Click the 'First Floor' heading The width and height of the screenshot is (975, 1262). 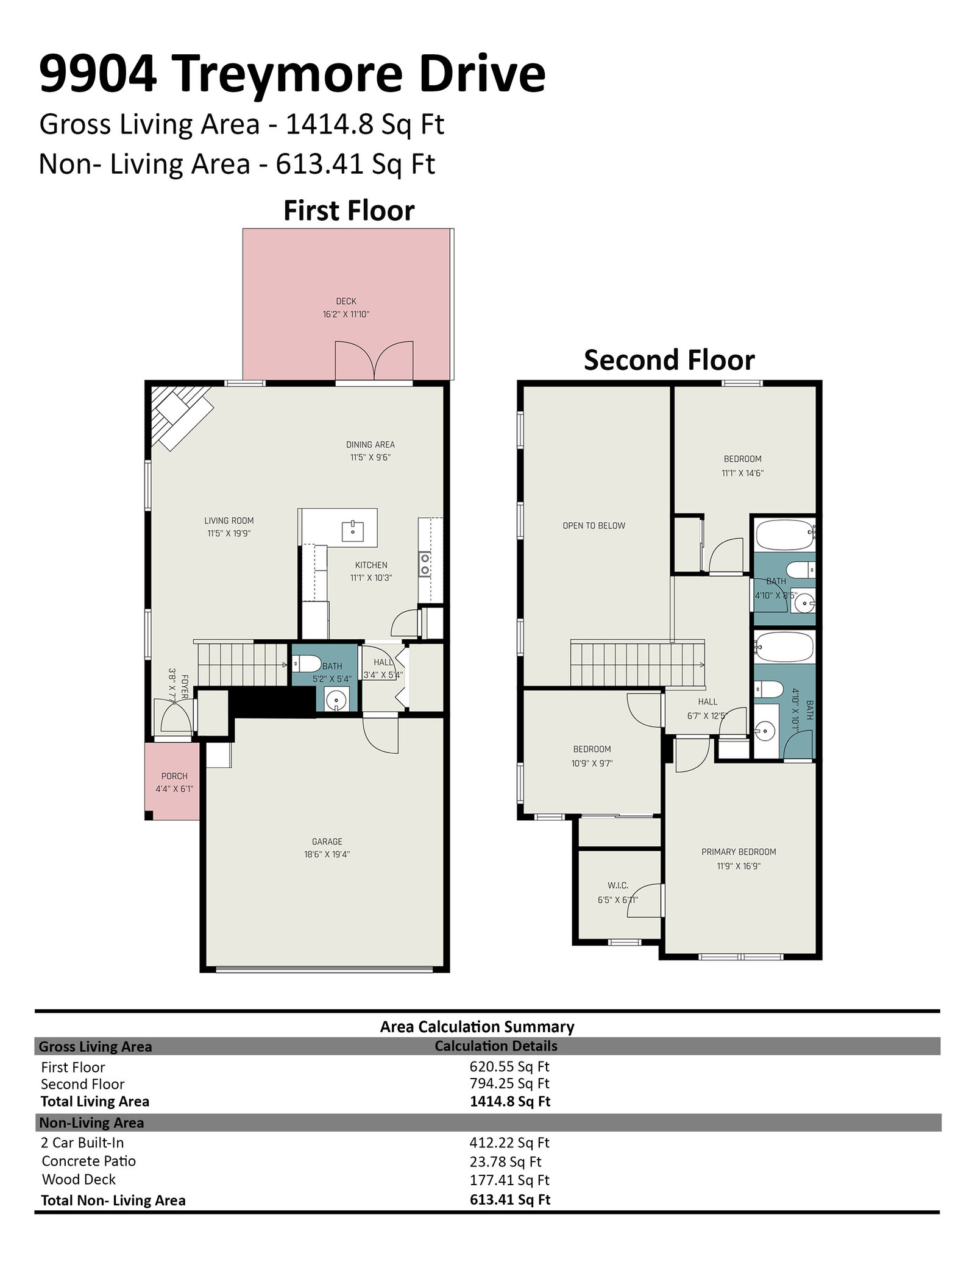tap(349, 211)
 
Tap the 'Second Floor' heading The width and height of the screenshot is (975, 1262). tap(669, 360)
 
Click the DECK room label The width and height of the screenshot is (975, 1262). tap(346, 301)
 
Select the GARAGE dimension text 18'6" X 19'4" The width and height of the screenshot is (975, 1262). tap(327, 854)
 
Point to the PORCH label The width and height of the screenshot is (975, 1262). tap(174, 776)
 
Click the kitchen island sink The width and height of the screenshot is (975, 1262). tap(353, 531)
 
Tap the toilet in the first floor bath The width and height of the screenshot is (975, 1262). tap(307, 663)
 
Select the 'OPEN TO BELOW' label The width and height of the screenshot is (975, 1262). tap(594, 525)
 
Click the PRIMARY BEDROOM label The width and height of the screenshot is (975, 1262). tap(739, 851)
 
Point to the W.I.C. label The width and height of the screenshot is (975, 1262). tap(617, 885)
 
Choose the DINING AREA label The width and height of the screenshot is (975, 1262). tap(370, 445)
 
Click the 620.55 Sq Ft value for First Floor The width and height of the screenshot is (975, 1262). tap(509, 1066)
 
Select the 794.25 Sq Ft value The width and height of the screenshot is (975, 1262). tap(509, 1083)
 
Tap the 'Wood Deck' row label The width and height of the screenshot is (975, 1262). tap(79, 1179)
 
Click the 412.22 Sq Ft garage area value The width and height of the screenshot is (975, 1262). tap(509, 1143)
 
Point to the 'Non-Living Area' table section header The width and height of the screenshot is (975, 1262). tap(91, 1122)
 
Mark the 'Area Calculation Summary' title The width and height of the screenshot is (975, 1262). tap(477, 1027)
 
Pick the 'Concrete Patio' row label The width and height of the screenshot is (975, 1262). tap(89, 1161)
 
